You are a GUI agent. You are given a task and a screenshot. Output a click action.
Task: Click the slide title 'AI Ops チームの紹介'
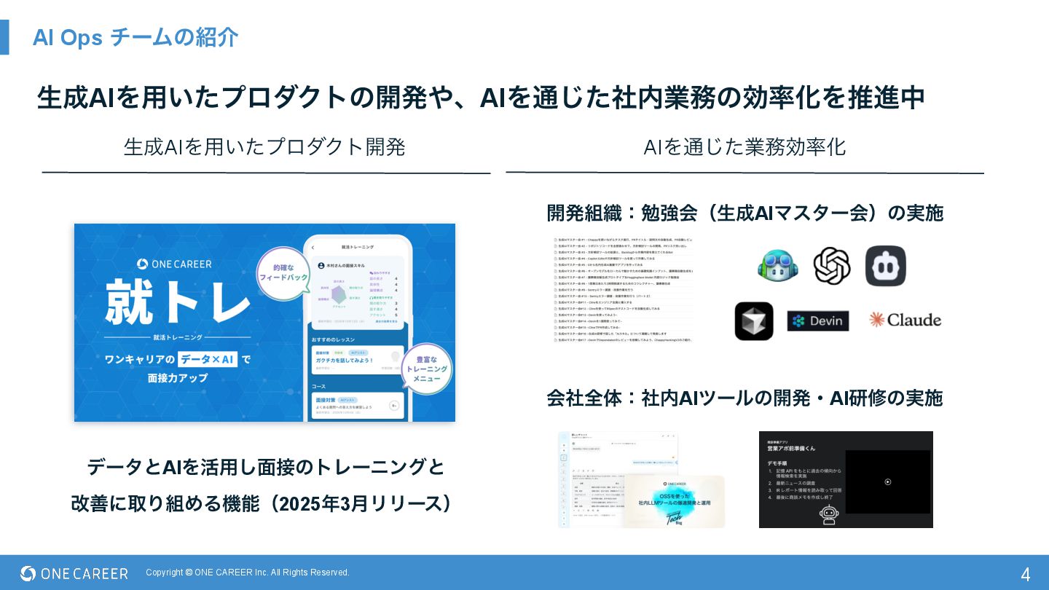(x=135, y=37)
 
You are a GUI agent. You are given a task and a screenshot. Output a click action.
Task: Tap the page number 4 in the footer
(x=1025, y=574)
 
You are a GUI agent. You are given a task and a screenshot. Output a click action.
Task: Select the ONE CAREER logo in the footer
(x=74, y=573)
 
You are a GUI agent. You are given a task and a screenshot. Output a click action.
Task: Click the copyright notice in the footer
(x=248, y=573)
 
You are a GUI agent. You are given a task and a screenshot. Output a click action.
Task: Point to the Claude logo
(x=905, y=320)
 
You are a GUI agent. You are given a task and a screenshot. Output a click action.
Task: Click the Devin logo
(x=817, y=320)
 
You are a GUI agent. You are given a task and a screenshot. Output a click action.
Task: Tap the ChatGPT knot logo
(x=831, y=266)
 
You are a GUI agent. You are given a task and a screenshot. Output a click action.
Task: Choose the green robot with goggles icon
(x=777, y=266)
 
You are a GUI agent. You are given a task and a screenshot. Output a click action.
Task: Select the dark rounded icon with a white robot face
(x=885, y=266)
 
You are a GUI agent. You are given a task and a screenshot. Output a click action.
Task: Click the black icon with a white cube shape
(x=754, y=321)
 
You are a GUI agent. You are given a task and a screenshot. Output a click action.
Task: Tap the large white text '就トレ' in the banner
(x=178, y=300)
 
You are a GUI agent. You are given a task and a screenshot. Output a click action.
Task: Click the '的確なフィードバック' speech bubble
(x=283, y=272)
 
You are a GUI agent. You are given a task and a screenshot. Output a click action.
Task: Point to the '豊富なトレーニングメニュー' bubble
(x=426, y=369)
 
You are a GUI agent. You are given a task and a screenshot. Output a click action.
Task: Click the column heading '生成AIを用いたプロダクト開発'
(x=264, y=147)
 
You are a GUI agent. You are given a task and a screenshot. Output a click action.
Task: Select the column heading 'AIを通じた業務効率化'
(x=744, y=147)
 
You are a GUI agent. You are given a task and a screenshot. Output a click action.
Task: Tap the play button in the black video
(x=887, y=481)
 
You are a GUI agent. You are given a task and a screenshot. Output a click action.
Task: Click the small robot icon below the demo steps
(x=829, y=514)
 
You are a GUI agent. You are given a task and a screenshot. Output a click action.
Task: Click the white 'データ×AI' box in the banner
(x=208, y=358)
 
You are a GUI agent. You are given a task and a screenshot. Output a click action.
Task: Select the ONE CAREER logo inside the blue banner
(x=174, y=264)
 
